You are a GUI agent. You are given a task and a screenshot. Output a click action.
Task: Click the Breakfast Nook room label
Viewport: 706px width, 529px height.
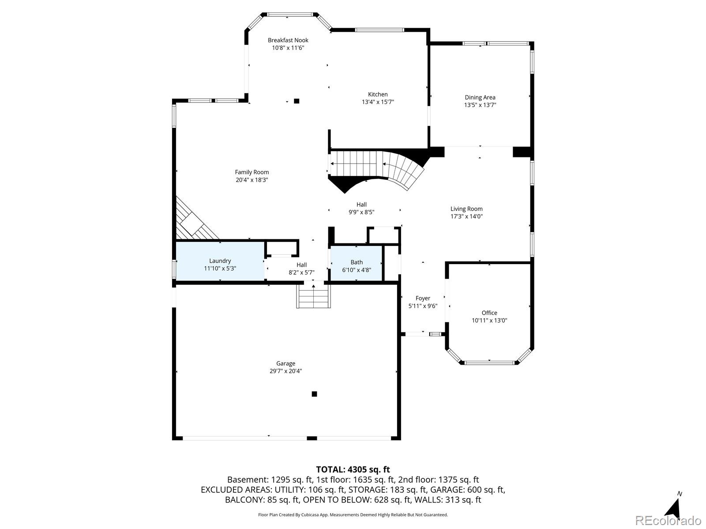pyautogui.click(x=288, y=40)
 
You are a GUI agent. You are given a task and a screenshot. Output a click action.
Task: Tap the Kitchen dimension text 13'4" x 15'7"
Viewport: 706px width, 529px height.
pyautogui.click(x=378, y=102)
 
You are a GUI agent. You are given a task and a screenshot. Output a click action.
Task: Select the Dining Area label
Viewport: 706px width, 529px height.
pyautogui.click(x=480, y=97)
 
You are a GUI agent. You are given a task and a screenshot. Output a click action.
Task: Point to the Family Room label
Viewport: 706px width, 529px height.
pyautogui.click(x=252, y=172)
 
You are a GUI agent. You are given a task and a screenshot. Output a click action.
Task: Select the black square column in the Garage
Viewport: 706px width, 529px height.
pyautogui.click(x=314, y=394)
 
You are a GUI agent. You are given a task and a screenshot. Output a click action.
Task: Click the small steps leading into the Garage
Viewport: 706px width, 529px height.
pyautogui.click(x=313, y=297)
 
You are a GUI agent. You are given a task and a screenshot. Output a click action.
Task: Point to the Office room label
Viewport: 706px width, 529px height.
pyautogui.click(x=489, y=313)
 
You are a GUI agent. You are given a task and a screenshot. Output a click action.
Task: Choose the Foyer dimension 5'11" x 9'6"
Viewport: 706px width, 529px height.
pyautogui.click(x=423, y=306)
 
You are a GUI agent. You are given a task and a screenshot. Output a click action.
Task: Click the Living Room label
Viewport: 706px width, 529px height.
pyautogui.click(x=466, y=209)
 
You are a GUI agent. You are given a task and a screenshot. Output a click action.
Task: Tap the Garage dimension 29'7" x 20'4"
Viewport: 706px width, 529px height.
pyautogui.click(x=285, y=371)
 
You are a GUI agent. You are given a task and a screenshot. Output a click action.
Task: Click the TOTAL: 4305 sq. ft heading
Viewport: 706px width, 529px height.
pyautogui.click(x=353, y=469)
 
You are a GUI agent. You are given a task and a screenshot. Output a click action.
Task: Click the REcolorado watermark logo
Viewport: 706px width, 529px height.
pyautogui.click(x=668, y=520)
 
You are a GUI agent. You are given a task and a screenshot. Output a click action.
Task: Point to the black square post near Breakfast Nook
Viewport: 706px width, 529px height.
pyautogui.click(x=297, y=101)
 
